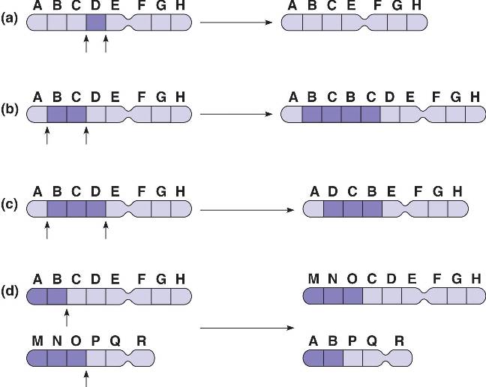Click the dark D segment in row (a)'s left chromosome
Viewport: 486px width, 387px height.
96,22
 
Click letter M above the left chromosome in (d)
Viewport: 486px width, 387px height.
37,340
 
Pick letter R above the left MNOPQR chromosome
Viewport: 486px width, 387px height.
142,340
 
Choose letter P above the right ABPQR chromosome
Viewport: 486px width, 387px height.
352,340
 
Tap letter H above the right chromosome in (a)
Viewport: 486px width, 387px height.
418,6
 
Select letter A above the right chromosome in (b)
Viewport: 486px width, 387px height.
293,97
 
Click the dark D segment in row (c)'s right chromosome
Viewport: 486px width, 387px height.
333,209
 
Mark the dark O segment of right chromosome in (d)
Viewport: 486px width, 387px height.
352,295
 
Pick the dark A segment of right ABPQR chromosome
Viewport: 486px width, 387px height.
313,356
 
